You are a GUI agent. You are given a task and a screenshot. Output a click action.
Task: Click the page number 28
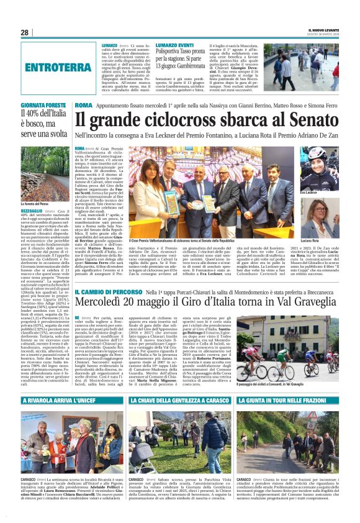[24, 32]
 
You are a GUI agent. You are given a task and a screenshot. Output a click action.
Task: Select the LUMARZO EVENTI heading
[177, 45]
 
